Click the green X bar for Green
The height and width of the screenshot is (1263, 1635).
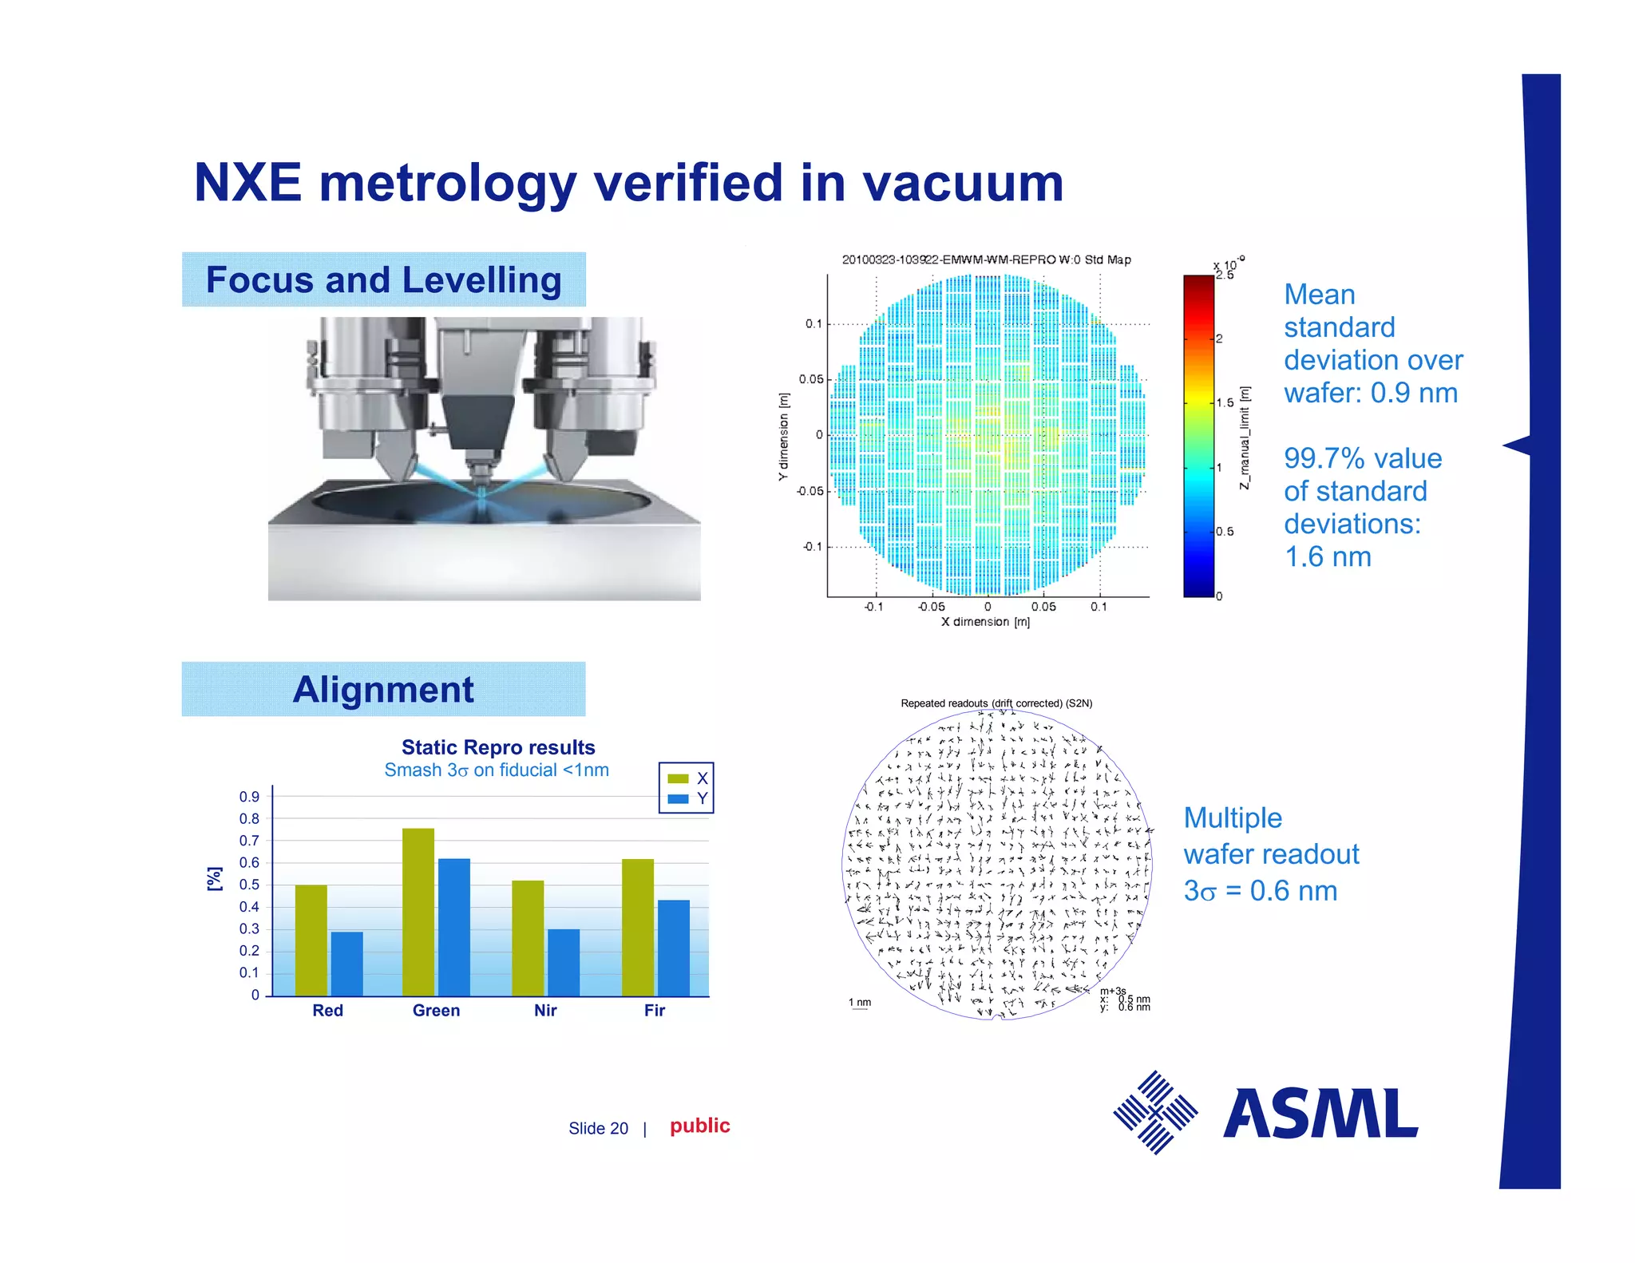coord(418,912)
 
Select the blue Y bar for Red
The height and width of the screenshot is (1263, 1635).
coord(346,964)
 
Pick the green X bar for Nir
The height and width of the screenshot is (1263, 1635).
coord(528,938)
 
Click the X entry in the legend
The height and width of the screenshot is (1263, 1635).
coord(687,778)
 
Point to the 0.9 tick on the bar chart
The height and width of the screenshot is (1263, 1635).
coord(249,797)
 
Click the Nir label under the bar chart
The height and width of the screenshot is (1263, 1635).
coord(545,1011)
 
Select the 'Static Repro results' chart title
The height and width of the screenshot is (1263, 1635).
coord(498,747)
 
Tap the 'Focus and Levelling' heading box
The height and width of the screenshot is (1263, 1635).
coord(384,279)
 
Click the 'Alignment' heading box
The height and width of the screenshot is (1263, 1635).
coord(383,689)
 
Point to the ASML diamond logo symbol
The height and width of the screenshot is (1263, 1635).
coord(1155,1112)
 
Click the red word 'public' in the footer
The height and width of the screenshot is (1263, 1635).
coord(699,1126)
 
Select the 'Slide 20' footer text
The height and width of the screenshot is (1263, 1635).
coord(598,1128)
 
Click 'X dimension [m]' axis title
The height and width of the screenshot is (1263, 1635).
coord(985,622)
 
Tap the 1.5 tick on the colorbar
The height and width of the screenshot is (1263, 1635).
coord(1224,403)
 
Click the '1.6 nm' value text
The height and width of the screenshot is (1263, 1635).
coord(1328,556)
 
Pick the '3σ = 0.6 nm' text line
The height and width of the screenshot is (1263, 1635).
coord(1260,891)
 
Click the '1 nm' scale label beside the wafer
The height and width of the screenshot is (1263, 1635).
coord(860,1003)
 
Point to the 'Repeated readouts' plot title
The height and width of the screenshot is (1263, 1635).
coord(996,703)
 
